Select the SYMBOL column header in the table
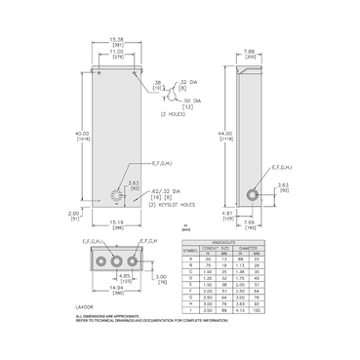point(190,251)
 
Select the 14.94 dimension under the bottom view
point(115,291)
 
